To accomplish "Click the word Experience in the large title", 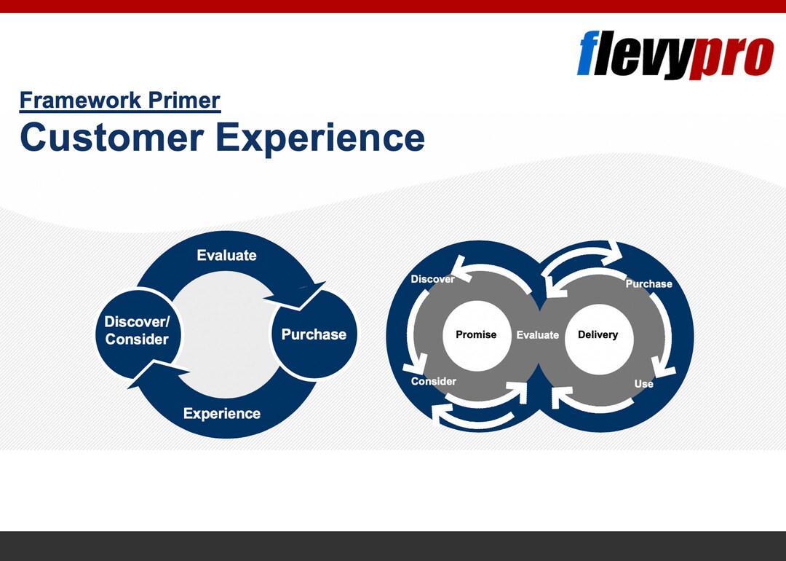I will click(x=321, y=138).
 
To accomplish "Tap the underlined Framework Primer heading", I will click(x=120, y=100).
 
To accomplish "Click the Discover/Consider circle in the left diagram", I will click(x=137, y=331).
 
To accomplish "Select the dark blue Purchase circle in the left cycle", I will click(x=314, y=335).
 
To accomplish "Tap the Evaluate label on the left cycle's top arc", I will click(x=226, y=255).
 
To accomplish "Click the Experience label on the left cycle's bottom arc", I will click(x=221, y=414).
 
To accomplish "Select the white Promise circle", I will click(x=476, y=335).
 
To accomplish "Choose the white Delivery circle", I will click(x=598, y=335).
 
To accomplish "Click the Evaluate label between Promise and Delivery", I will click(x=537, y=335).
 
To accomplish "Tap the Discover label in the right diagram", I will click(x=432, y=279).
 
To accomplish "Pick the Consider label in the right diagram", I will click(x=433, y=381).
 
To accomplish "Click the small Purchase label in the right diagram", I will click(x=648, y=283).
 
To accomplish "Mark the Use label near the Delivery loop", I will click(x=643, y=384).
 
